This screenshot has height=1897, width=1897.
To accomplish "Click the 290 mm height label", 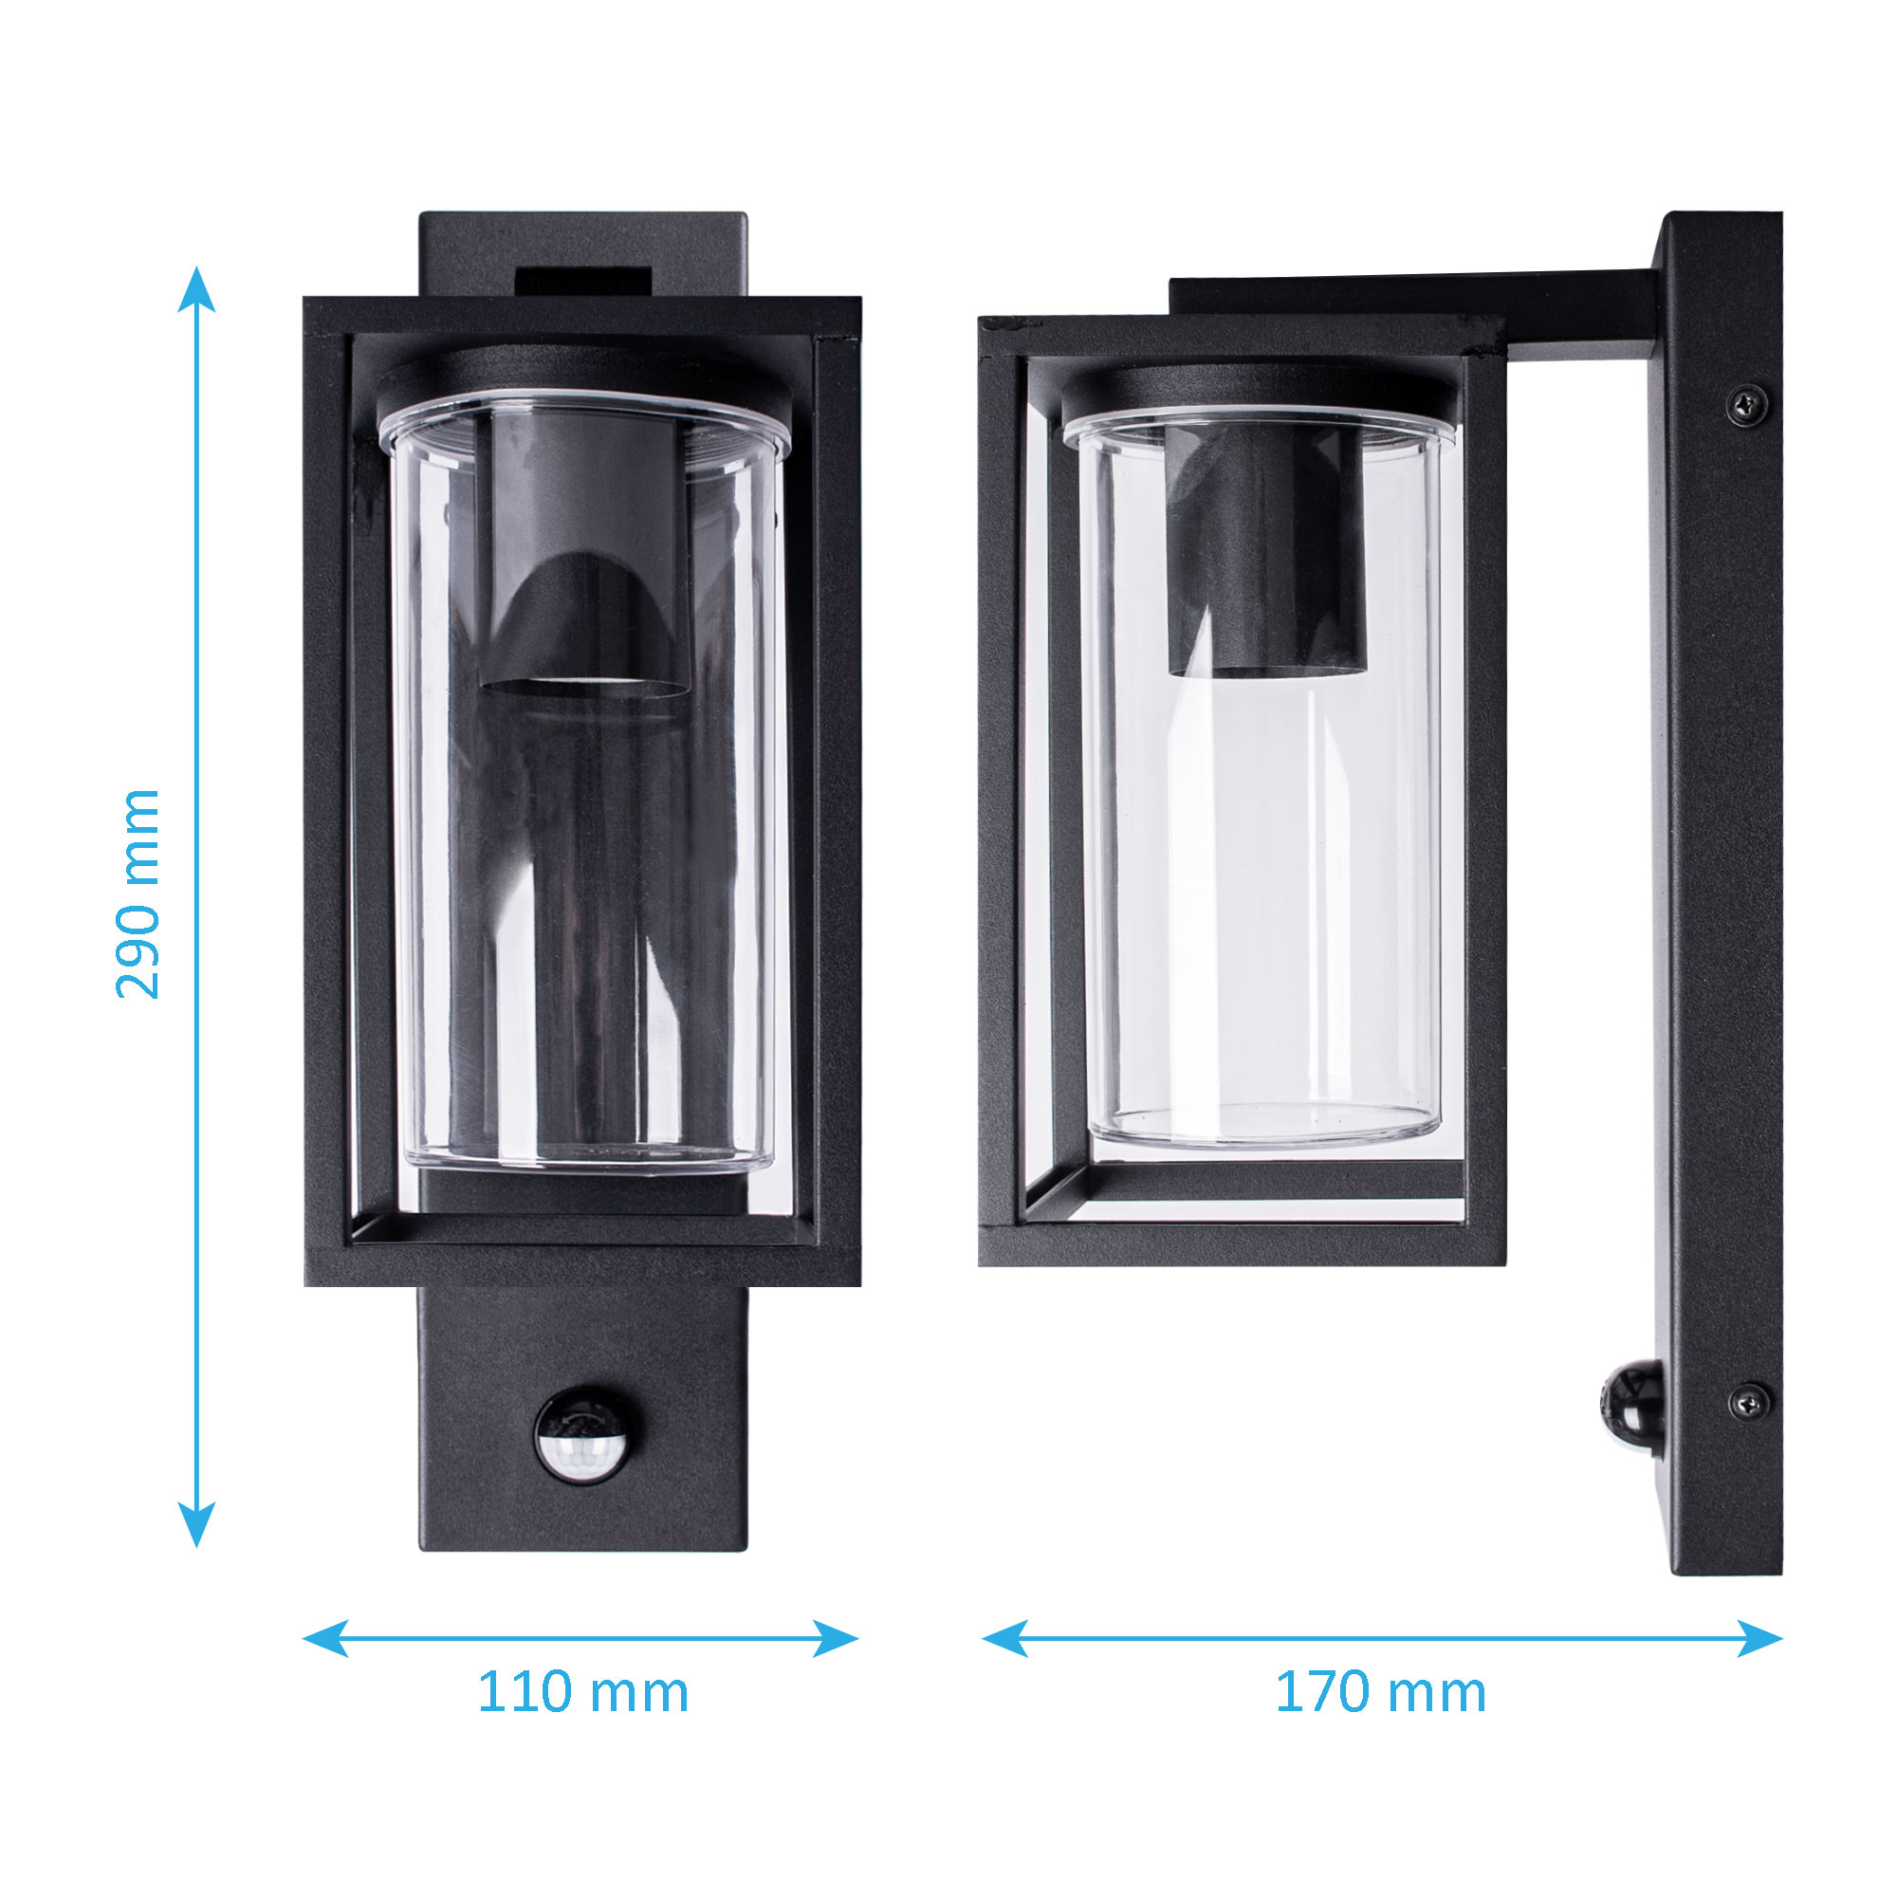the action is [138, 893].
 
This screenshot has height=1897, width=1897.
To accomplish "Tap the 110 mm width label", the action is [582, 1693].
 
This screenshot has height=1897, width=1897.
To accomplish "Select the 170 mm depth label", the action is [1380, 1693].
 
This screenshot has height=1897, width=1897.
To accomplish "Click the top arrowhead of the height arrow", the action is [196, 288].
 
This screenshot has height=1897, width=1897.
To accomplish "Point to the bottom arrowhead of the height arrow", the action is [196, 1524].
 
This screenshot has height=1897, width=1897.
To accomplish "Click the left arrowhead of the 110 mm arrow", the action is [325, 1638].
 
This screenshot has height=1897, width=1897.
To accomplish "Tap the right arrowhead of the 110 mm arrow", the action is [836, 1638].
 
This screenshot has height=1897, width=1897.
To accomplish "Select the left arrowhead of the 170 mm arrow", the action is [1004, 1638].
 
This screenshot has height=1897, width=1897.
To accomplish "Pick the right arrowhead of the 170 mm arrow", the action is [1759, 1638].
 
